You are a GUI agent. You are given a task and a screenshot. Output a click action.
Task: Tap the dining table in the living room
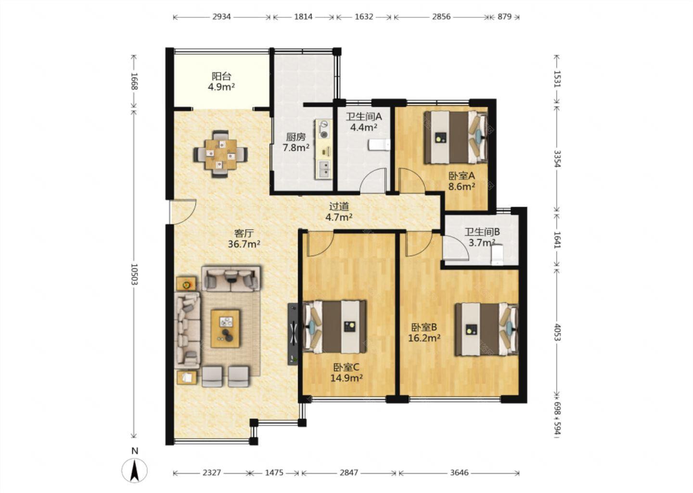[220, 154]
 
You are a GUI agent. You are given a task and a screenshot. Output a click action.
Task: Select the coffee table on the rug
[225, 329]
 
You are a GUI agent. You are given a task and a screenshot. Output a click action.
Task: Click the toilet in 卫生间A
[379, 144]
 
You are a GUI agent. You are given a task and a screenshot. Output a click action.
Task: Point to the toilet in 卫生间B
[497, 255]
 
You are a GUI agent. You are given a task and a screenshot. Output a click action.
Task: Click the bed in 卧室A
[455, 137]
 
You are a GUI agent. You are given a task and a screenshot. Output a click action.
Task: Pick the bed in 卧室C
[334, 326]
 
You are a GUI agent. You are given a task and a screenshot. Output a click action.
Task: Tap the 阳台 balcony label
[221, 76]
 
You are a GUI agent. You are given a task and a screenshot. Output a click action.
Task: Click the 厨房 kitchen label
[296, 137]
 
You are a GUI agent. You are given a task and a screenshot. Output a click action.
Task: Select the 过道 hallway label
[339, 207]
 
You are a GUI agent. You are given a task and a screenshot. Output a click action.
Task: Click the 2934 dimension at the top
[221, 17]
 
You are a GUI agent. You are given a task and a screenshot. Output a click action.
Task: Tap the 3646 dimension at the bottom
[459, 473]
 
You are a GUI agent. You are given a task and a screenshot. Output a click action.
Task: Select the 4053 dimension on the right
[557, 332]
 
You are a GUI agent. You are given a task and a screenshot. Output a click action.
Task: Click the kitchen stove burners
[323, 130]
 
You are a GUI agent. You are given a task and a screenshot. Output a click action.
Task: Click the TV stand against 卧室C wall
[293, 334]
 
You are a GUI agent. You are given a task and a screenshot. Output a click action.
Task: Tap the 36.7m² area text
[244, 244]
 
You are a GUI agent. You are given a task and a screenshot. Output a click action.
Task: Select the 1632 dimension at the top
[363, 17]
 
